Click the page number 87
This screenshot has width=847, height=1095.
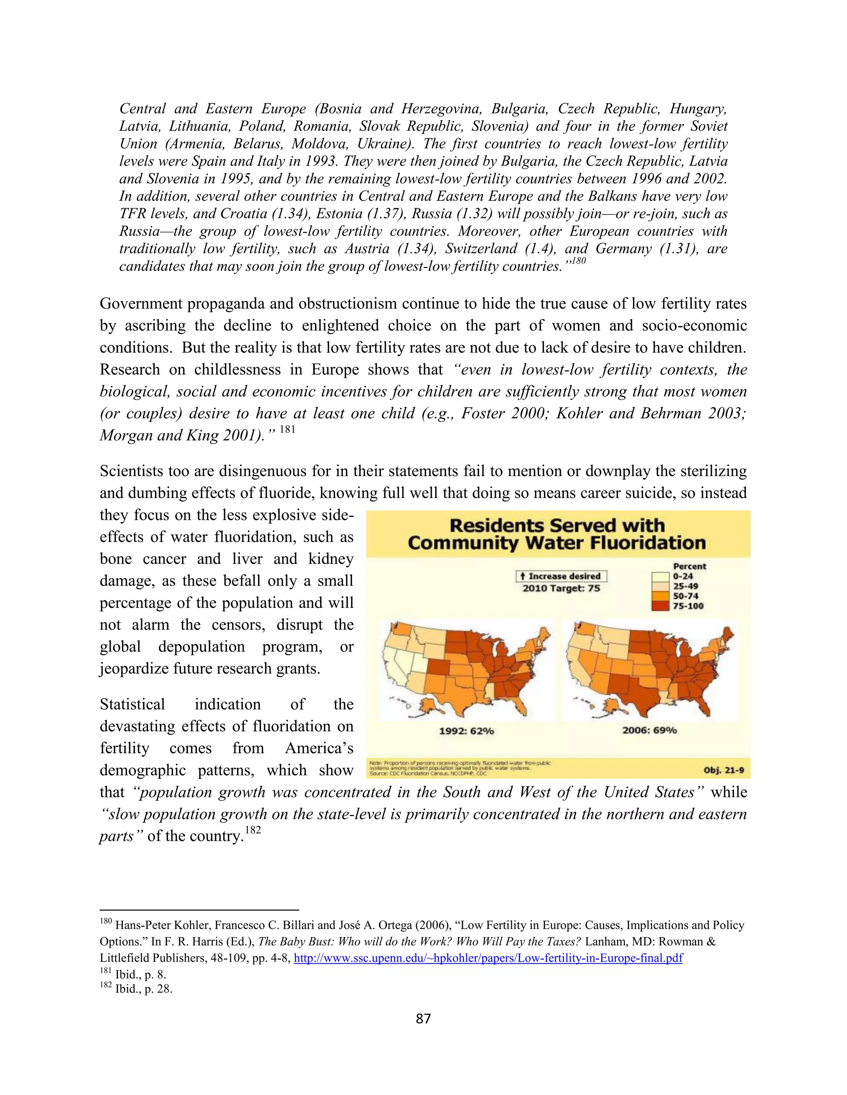coord(423,1018)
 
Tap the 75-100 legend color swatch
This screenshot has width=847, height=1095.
coord(661,606)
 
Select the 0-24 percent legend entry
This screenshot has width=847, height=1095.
coord(682,576)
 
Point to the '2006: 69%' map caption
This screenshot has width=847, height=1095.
coord(649,731)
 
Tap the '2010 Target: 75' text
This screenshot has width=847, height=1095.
coord(561,588)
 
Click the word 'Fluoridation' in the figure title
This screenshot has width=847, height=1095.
coord(651,543)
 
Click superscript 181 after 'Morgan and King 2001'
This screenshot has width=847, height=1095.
coord(287,430)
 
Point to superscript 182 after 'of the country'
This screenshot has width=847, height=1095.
coord(253,830)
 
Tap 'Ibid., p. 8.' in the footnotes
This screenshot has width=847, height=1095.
coord(141,975)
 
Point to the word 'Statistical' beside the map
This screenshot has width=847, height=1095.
coord(132,705)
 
